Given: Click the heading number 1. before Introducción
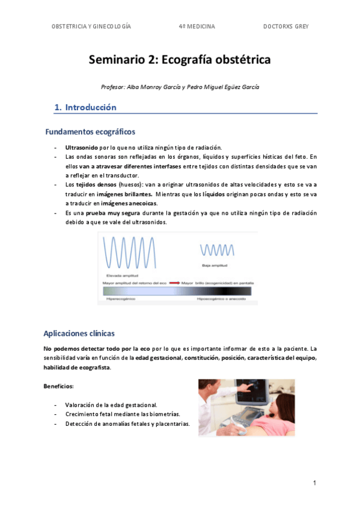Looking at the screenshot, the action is click(x=58, y=108).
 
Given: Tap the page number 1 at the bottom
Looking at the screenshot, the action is click(x=314, y=483).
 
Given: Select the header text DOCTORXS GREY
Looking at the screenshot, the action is click(x=285, y=26).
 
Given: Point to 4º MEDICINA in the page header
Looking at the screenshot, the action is click(x=197, y=26).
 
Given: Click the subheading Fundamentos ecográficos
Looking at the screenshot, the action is click(x=90, y=132).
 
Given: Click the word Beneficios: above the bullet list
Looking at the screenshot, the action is click(x=58, y=386).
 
